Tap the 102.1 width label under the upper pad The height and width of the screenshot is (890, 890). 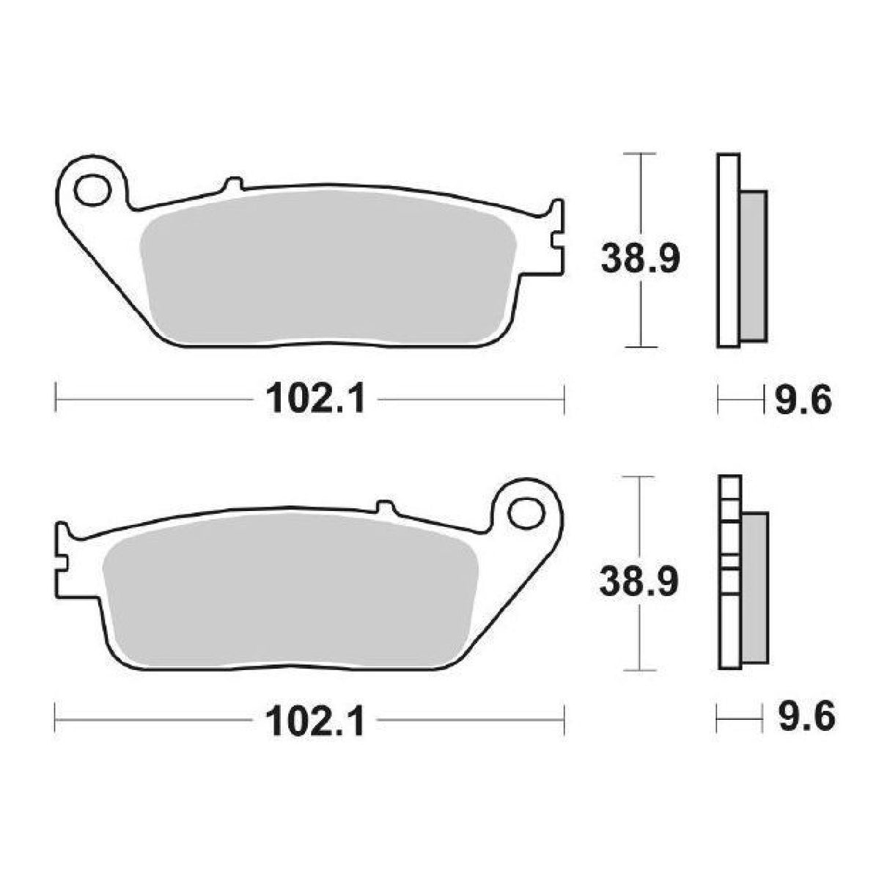tap(315, 400)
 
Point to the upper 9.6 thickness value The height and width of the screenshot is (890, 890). tap(803, 400)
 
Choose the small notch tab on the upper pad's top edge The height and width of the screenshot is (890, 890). tap(234, 183)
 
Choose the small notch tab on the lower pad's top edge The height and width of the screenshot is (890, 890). tap(383, 507)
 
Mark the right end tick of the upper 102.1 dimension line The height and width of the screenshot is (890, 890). tap(564, 400)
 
